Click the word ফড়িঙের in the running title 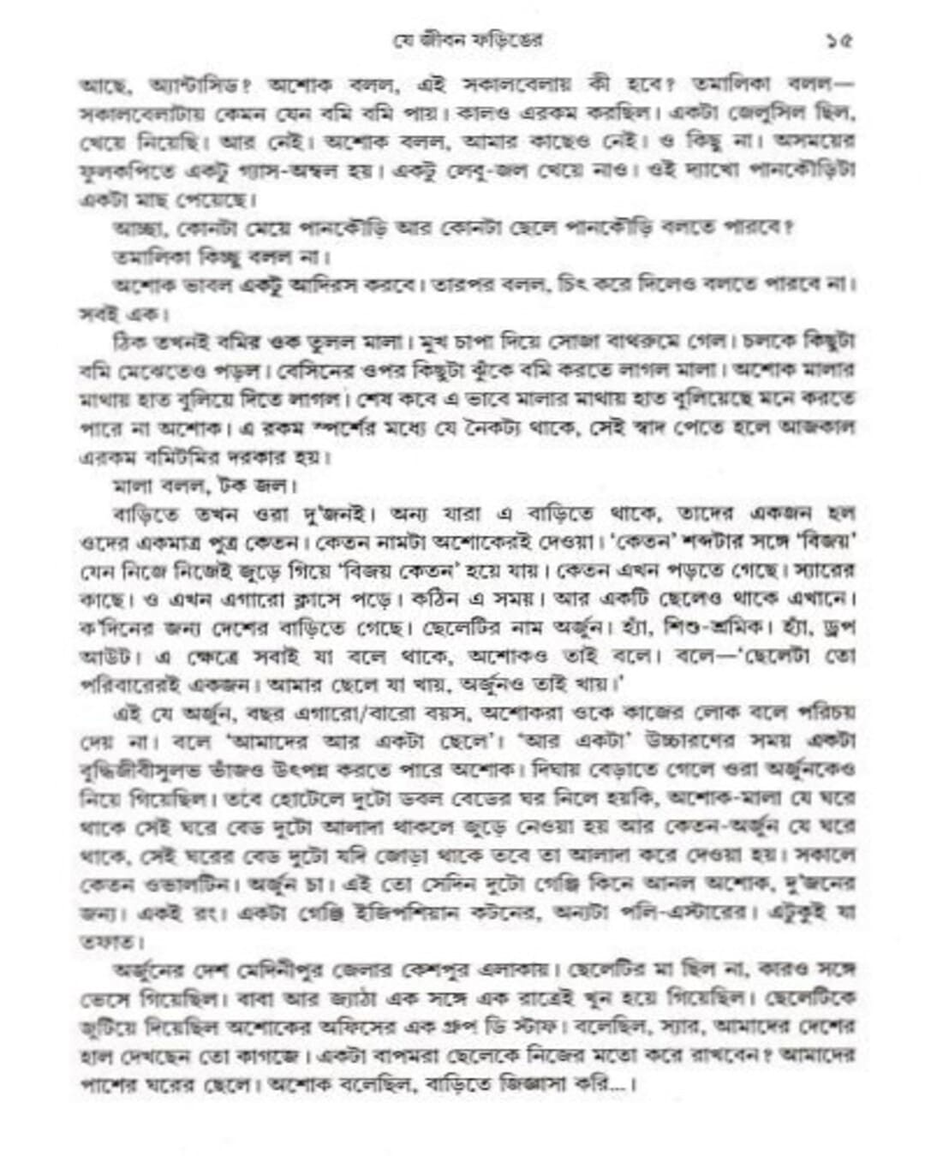[x=511, y=40]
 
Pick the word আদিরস [x=298, y=283]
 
